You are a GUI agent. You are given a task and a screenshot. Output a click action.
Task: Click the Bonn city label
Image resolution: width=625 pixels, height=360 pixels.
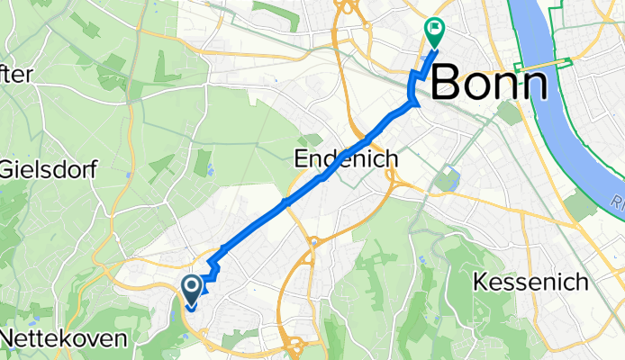tap(490, 85)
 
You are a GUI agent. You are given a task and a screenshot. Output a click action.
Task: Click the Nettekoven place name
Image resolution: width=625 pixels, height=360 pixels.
tap(64, 338)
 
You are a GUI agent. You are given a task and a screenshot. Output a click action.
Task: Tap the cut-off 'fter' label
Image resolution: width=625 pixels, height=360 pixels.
tap(18, 76)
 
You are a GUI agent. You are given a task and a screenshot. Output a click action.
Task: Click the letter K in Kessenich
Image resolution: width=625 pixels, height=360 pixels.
tap(480, 283)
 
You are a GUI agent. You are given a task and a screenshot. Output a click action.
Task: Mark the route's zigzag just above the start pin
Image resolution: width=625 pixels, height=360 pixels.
tap(213, 272)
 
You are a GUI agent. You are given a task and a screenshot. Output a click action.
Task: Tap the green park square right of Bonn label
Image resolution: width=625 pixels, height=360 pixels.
tap(508, 113)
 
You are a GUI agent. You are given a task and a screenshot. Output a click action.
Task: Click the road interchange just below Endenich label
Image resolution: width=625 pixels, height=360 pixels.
tap(394, 180)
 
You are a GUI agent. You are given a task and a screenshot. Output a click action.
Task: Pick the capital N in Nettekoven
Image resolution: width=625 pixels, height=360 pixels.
tap(10, 338)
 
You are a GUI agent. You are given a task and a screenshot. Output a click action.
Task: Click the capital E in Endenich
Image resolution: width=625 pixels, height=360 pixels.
tap(302, 159)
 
